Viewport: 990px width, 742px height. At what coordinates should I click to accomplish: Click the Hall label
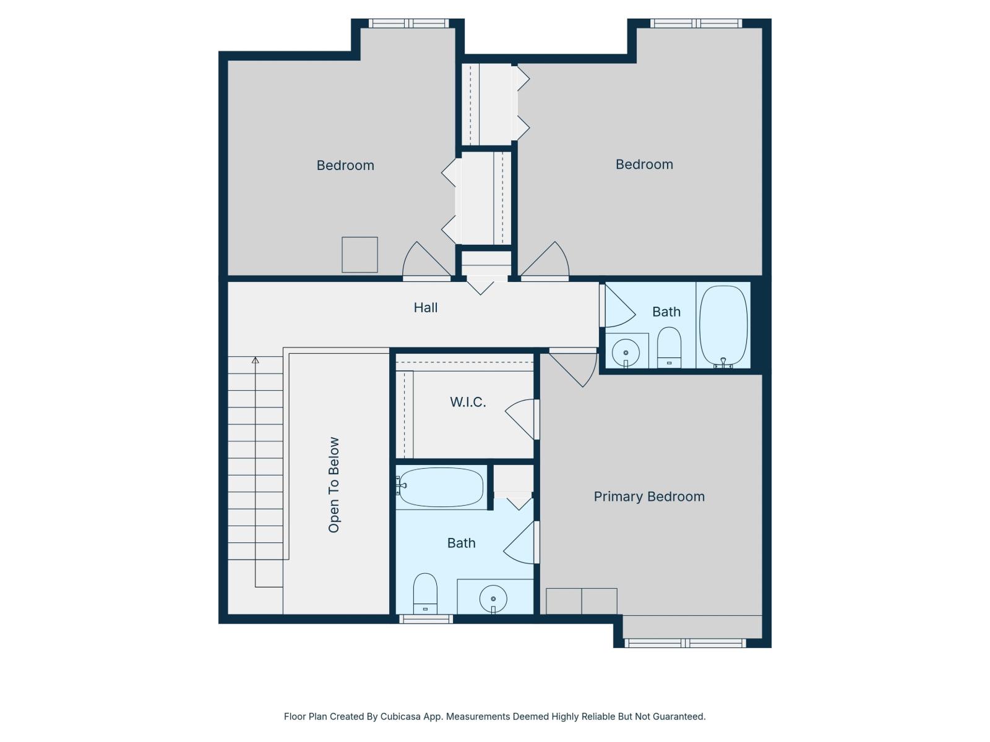[x=425, y=307]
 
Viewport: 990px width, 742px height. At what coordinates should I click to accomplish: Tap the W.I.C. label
[x=467, y=402]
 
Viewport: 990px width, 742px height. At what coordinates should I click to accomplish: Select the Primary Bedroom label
[x=648, y=497]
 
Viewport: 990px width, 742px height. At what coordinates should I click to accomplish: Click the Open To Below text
[x=334, y=485]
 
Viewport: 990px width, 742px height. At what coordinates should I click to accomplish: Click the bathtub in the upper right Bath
[x=723, y=325]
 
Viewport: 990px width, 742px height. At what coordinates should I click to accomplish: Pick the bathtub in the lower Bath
[x=441, y=487]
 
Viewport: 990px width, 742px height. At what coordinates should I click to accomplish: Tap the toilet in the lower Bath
[x=425, y=592]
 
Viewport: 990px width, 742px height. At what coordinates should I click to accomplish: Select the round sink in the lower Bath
[x=493, y=599]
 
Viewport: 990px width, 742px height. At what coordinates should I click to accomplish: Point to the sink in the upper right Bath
[x=626, y=352]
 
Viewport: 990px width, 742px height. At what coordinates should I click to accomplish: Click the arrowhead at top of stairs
[x=255, y=360]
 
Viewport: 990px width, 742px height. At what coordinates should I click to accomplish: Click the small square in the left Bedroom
[x=359, y=254]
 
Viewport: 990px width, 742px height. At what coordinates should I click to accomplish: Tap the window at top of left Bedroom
[x=408, y=23]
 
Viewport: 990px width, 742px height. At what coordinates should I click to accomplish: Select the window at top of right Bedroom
[x=695, y=23]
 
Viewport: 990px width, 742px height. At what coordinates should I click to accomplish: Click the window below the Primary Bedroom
[x=685, y=643]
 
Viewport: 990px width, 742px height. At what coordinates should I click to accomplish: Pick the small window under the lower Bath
[x=426, y=619]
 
